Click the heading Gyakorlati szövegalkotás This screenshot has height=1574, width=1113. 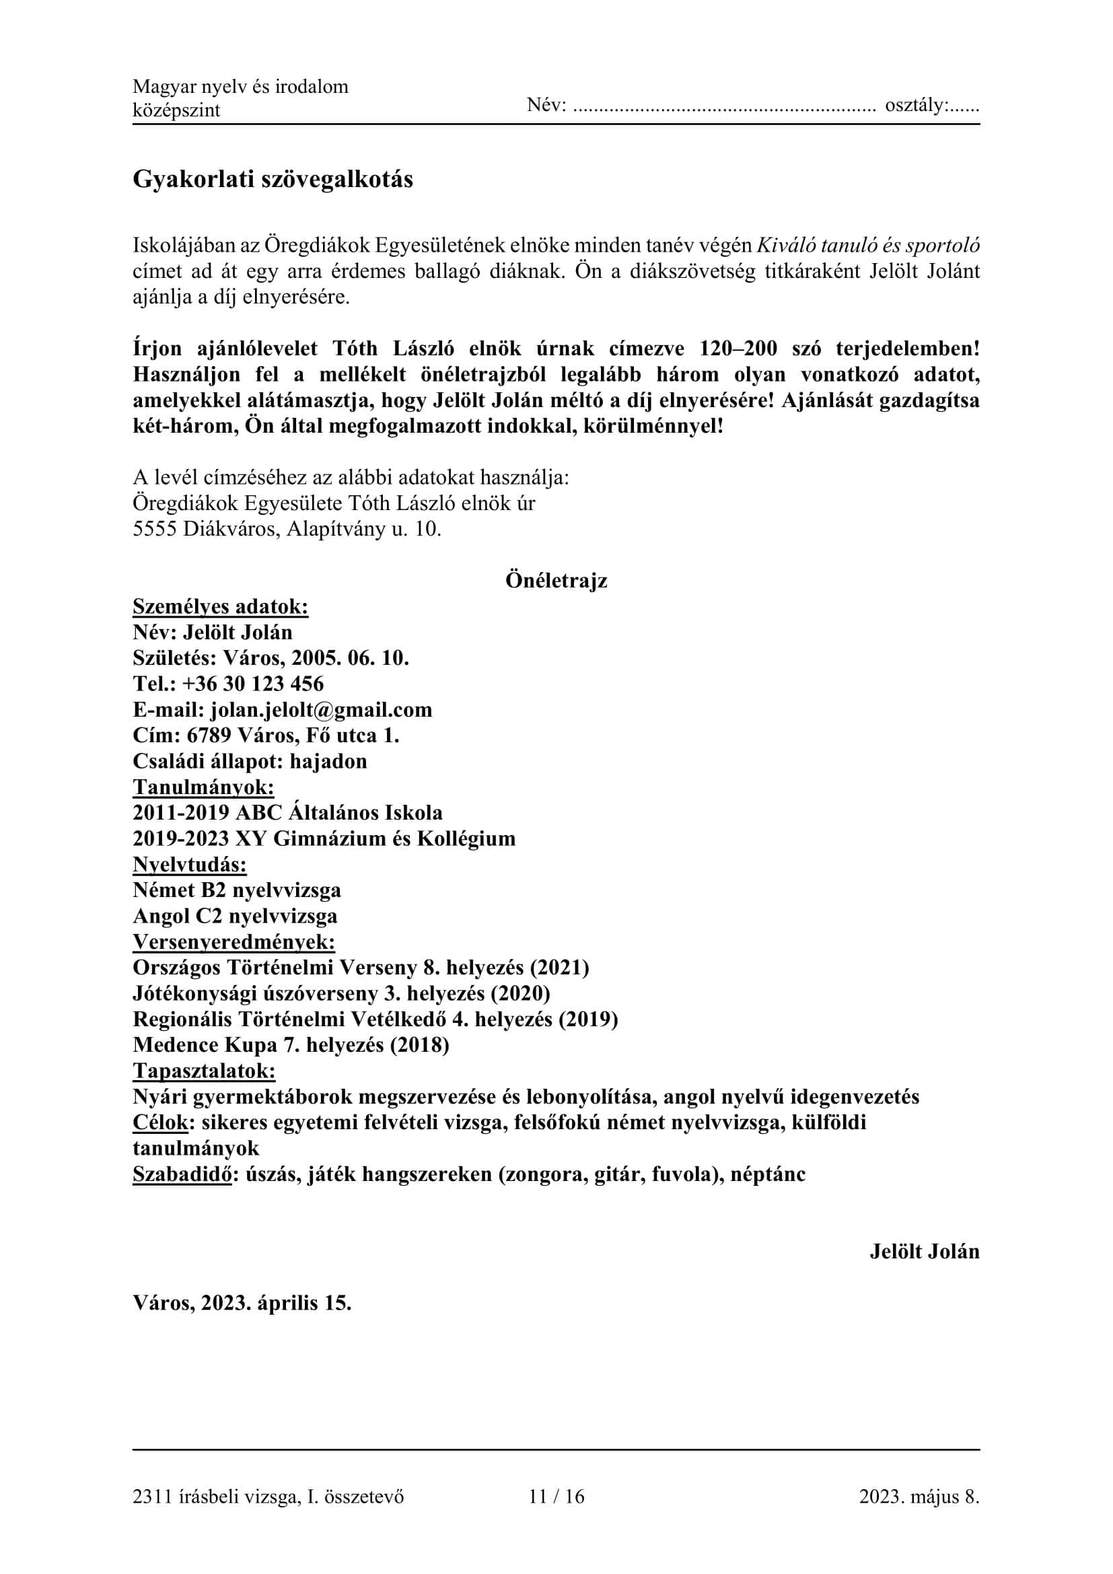click(273, 180)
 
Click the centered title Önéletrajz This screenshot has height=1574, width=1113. click(556, 581)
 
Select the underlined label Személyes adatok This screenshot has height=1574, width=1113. click(220, 607)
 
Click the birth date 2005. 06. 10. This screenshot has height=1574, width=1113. click(350, 658)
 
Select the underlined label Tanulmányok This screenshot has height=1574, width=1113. click(203, 787)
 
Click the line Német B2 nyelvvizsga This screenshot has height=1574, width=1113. click(236, 890)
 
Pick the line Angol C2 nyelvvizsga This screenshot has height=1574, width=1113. click(234, 916)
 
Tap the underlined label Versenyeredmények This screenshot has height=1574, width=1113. click(234, 942)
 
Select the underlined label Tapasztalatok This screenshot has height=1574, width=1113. click(203, 1071)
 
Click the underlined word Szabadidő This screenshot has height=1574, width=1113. click(182, 1174)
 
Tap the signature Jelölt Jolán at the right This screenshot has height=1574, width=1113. click(924, 1251)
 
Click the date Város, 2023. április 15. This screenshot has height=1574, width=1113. click(242, 1303)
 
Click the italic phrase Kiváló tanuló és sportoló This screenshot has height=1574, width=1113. click(867, 246)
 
